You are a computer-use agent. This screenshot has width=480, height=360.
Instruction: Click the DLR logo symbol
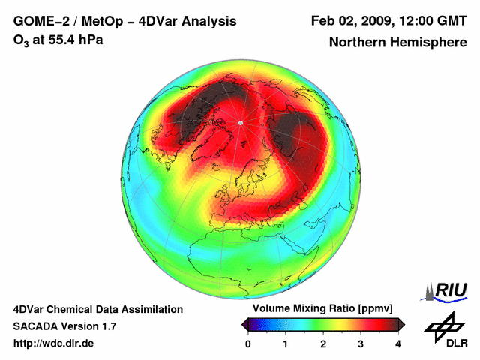[x=443, y=325]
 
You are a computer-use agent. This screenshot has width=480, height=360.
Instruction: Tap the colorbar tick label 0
[x=248, y=343]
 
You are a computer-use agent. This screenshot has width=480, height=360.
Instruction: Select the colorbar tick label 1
[x=286, y=343]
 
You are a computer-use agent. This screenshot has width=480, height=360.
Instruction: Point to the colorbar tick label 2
[x=323, y=343]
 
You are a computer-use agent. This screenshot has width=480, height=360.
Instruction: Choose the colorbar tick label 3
[x=361, y=343]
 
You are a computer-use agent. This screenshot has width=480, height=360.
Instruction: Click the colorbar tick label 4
[x=398, y=343]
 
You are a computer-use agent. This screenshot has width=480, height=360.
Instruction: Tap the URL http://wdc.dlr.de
[x=54, y=343]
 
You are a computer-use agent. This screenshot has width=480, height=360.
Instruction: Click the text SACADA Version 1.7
[x=64, y=326]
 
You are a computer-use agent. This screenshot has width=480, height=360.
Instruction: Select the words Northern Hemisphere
[x=397, y=43]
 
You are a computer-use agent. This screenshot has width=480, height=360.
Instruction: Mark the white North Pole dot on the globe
[x=240, y=122]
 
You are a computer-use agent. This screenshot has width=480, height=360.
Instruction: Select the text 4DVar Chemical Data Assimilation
[x=98, y=309]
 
